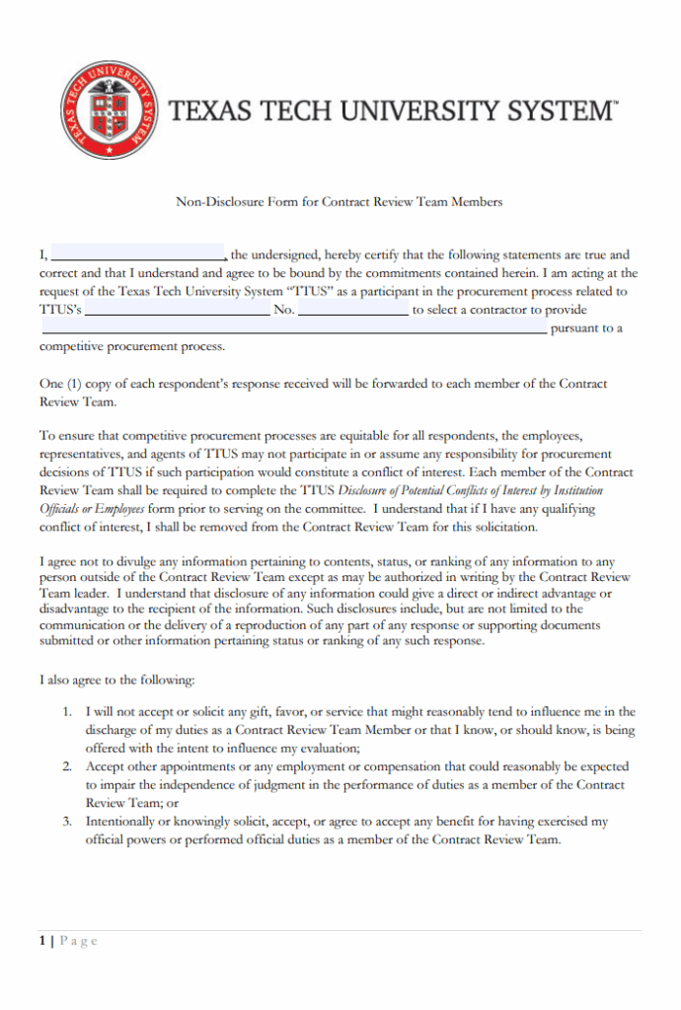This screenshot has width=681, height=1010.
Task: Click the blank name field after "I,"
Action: pos(137,254)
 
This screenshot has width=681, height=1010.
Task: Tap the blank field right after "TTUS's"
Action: pos(177,310)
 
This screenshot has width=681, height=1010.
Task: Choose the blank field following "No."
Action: pos(352,310)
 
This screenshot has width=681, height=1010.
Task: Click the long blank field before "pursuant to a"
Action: pos(292,328)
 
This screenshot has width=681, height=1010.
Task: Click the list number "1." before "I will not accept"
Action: pos(67,711)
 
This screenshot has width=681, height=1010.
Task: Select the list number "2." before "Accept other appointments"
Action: pos(67,766)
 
